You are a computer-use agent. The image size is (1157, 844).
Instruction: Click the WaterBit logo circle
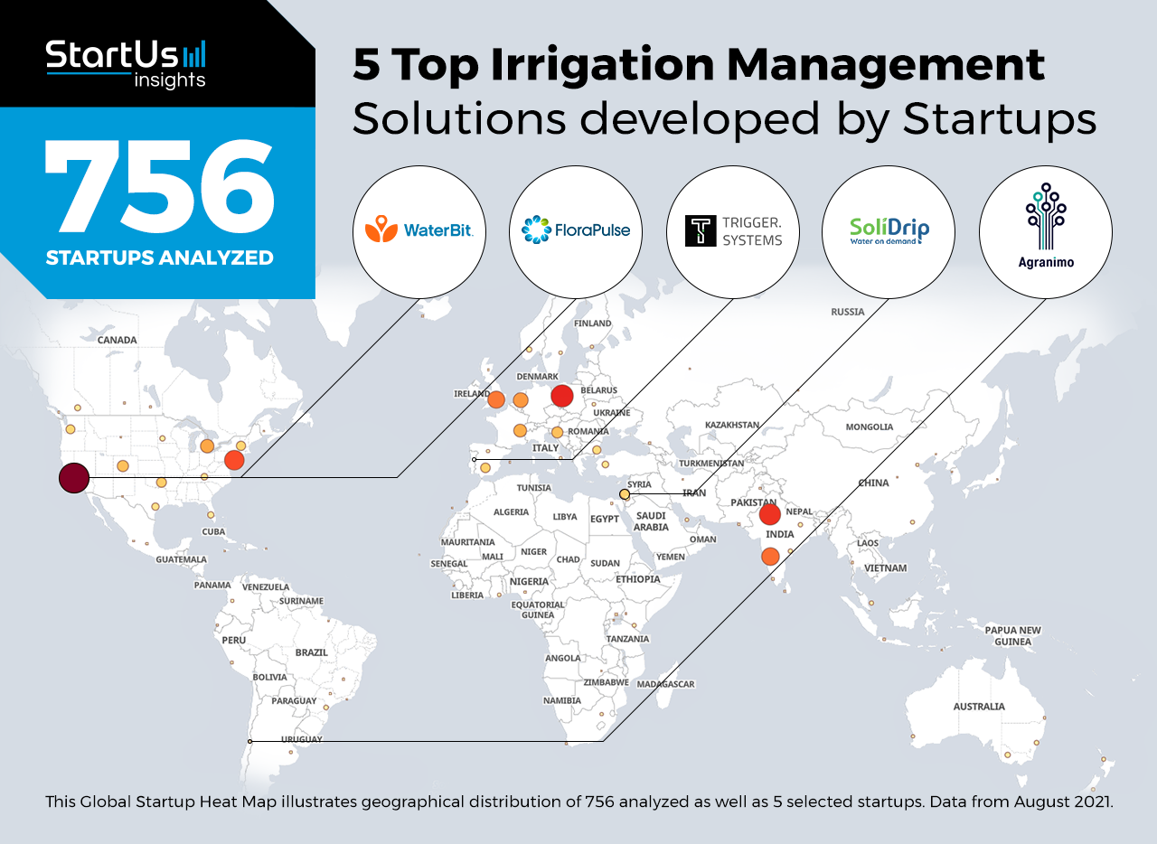(x=419, y=232)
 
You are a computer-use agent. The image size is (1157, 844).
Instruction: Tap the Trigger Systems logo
(x=732, y=232)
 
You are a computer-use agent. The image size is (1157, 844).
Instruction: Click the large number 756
(x=160, y=187)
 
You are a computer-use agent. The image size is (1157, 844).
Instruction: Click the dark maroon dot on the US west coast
(x=74, y=478)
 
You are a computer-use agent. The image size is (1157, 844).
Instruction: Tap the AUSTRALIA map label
(x=979, y=706)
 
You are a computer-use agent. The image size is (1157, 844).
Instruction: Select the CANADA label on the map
(x=118, y=340)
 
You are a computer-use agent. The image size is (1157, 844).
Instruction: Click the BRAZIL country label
(x=312, y=652)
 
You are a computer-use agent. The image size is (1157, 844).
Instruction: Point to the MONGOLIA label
(x=870, y=427)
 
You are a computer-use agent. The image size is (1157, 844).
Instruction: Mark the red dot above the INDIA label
(x=769, y=514)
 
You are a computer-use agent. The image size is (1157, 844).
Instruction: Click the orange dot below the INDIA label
(x=770, y=557)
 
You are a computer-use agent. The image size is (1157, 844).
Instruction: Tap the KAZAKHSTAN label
(x=732, y=425)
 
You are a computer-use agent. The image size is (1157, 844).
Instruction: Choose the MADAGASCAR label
(x=665, y=684)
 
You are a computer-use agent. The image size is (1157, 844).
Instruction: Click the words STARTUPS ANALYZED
(x=160, y=258)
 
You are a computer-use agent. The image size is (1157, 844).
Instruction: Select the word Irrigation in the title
(x=603, y=65)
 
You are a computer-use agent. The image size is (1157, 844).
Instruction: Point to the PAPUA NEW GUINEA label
(x=1013, y=636)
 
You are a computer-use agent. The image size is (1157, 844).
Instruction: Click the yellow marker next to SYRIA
(x=625, y=494)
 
